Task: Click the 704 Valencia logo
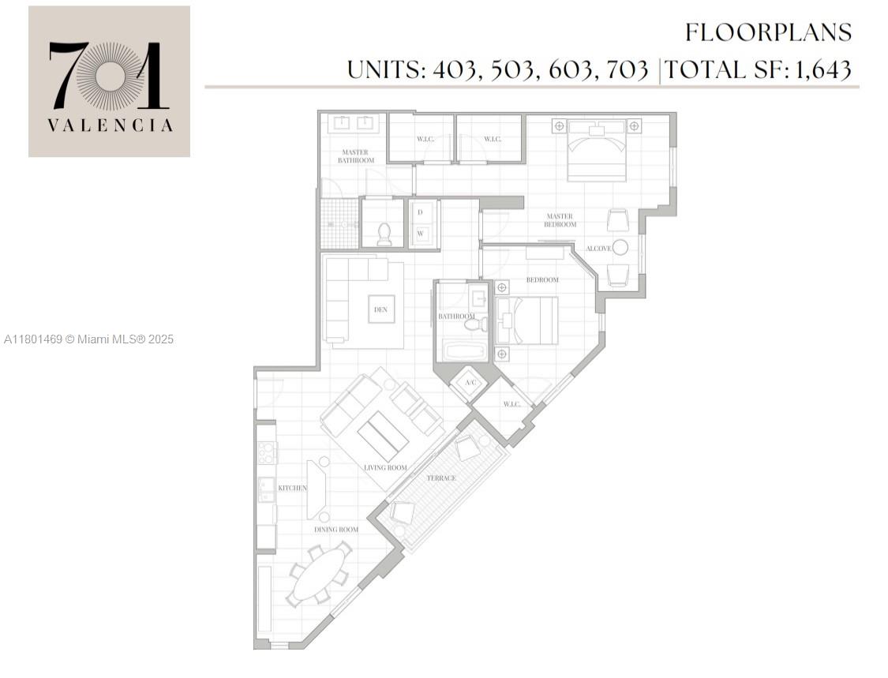(109, 81)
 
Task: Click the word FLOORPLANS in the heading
(768, 32)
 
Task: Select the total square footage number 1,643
(822, 69)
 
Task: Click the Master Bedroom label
(560, 220)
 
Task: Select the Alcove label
(598, 249)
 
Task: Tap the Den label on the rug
(380, 309)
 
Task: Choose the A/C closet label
(471, 383)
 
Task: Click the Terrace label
(441, 478)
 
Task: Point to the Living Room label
(385, 467)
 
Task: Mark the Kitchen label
(292, 488)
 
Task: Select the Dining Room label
(336, 529)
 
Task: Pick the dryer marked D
(420, 212)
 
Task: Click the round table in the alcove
(620, 247)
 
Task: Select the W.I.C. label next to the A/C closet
(511, 405)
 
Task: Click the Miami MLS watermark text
(88, 339)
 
